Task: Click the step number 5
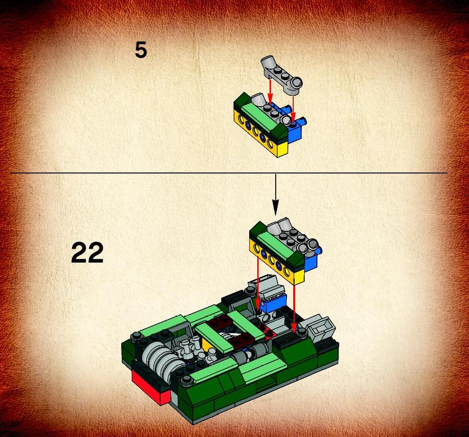(x=141, y=50)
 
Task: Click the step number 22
(x=87, y=253)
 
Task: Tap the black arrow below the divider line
(x=275, y=194)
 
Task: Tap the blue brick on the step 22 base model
(x=273, y=303)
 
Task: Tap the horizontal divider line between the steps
(x=229, y=173)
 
